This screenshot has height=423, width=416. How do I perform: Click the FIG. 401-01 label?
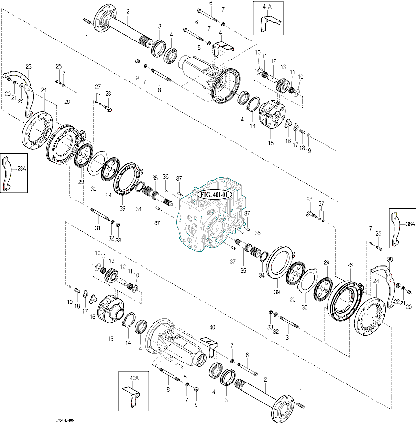213,193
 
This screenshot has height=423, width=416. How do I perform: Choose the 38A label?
410,224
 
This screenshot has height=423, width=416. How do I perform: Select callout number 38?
390,259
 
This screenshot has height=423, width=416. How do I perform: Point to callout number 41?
221,32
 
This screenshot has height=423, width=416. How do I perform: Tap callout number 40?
212,327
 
